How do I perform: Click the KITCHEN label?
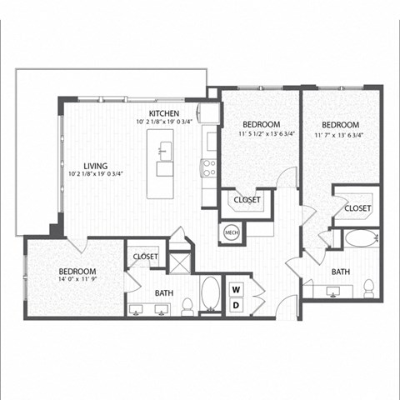tap(165, 112)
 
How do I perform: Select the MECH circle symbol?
tap(231, 234)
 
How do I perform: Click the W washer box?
tap(236, 289)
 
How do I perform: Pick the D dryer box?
tap(236, 305)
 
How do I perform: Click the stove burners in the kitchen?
tap(208, 168)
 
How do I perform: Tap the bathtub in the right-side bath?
tap(361, 238)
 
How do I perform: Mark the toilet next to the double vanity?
tap(188, 307)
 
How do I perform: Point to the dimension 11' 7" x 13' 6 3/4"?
tap(347, 134)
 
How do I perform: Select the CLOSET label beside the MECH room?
tap(247, 200)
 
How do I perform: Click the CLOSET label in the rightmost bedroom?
tap(357, 207)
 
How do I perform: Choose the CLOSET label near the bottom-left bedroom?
tap(145, 257)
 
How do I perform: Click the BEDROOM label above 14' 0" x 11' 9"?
tap(77, 272)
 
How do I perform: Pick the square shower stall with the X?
tap(180, 262)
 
